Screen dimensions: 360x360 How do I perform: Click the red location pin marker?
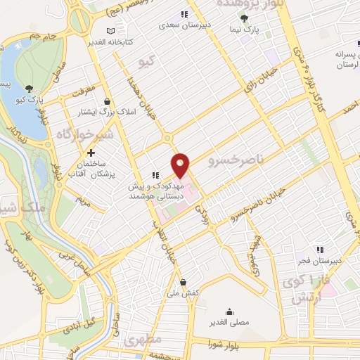181,165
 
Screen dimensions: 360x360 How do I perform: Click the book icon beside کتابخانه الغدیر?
110,31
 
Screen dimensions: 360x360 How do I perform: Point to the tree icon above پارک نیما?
244,18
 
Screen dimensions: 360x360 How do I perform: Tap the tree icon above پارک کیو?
29,89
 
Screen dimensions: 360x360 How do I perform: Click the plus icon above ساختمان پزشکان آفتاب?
91,153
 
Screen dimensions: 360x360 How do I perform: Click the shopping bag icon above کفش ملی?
184,282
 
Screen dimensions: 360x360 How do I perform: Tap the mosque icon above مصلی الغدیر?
229,311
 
